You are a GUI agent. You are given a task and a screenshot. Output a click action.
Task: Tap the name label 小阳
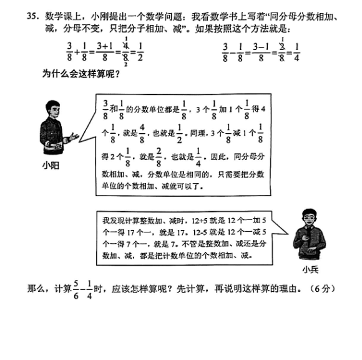(x=51, y=166)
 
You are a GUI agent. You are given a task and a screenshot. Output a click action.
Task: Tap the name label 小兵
(x=311, y=269)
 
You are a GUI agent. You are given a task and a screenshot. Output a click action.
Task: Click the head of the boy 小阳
(x=52, y=109)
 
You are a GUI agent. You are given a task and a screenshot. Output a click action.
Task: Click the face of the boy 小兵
(x=310, y=219)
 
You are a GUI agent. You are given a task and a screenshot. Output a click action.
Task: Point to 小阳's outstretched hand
(x=74, y=137)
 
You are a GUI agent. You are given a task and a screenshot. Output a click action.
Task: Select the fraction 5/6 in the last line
(x=76, y=290)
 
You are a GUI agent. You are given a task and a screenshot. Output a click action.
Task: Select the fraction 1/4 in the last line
(x=89, y=290)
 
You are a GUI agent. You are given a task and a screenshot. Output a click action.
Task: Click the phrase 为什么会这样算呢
(x=81, y=74)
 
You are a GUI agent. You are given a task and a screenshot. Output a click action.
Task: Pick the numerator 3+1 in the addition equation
(x=105, y=46)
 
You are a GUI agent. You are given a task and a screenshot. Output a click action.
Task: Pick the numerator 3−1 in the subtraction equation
(x=261, y=47)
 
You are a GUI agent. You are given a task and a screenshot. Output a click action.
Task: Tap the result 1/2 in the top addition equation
(x=140, y=52)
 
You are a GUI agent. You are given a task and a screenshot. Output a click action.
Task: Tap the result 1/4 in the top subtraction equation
(x=296, y=52)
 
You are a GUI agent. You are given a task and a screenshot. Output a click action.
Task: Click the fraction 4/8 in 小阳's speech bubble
(x=142, y=134)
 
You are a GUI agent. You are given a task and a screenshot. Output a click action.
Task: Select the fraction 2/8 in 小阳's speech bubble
(x=159, y=157)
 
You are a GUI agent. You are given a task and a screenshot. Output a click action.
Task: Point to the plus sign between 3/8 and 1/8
(x=77, y=52)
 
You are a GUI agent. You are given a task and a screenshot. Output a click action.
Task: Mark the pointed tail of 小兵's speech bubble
(x=288, y=234)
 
